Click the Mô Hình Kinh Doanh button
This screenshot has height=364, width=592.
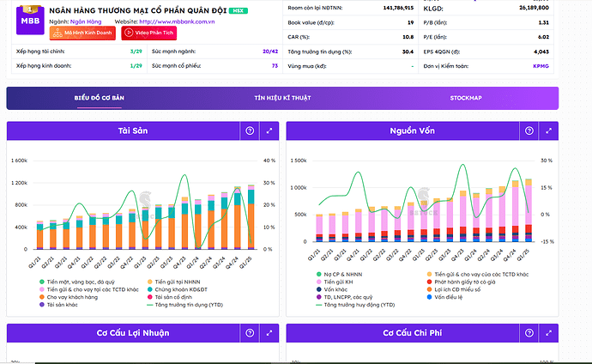pos(82,33)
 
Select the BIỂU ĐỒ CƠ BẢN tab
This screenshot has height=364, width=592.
pos(100,98)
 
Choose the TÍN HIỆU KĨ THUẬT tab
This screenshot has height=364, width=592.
pos(282,98)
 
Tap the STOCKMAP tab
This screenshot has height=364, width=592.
pos(466,98)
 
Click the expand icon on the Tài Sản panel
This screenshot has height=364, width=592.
pos(269,130)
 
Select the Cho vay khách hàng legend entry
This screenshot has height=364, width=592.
pos(76,297)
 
